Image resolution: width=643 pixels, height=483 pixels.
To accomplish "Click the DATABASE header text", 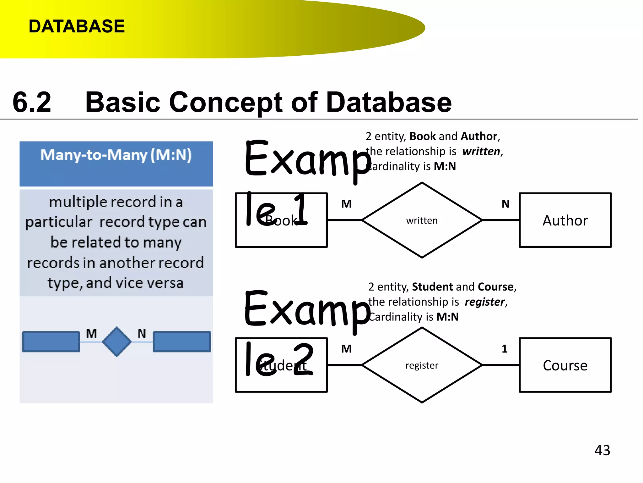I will click(77, 26).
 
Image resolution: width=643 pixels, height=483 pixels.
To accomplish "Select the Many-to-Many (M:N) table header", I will click(116, 155).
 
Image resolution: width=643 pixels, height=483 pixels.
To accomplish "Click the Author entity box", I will click(565, 220).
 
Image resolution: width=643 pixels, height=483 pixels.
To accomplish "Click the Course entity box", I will click(565, 365).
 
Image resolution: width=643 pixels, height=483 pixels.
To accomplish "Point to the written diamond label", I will click(422, 220).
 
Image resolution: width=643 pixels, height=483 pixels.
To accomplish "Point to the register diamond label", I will click(422, 365).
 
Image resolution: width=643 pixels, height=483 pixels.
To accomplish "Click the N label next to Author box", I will click(505, 204).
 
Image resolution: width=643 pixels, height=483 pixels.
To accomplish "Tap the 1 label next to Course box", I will click(505, 349).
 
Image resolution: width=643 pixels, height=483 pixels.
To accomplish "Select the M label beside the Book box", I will click(346, 204).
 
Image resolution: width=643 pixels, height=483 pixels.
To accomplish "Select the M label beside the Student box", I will click(346, 349).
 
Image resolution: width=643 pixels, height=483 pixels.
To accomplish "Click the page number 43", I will click(602, 450).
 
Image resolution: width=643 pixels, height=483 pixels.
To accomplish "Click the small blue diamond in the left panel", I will click(117, 341).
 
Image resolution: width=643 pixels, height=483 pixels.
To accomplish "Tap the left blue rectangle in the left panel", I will click(51, 341).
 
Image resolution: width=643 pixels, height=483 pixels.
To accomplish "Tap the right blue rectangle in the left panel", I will click(182, 341).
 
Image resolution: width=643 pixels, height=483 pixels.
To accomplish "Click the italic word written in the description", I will click(481, 151).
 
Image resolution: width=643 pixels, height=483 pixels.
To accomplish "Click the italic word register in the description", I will click(485, 302).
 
